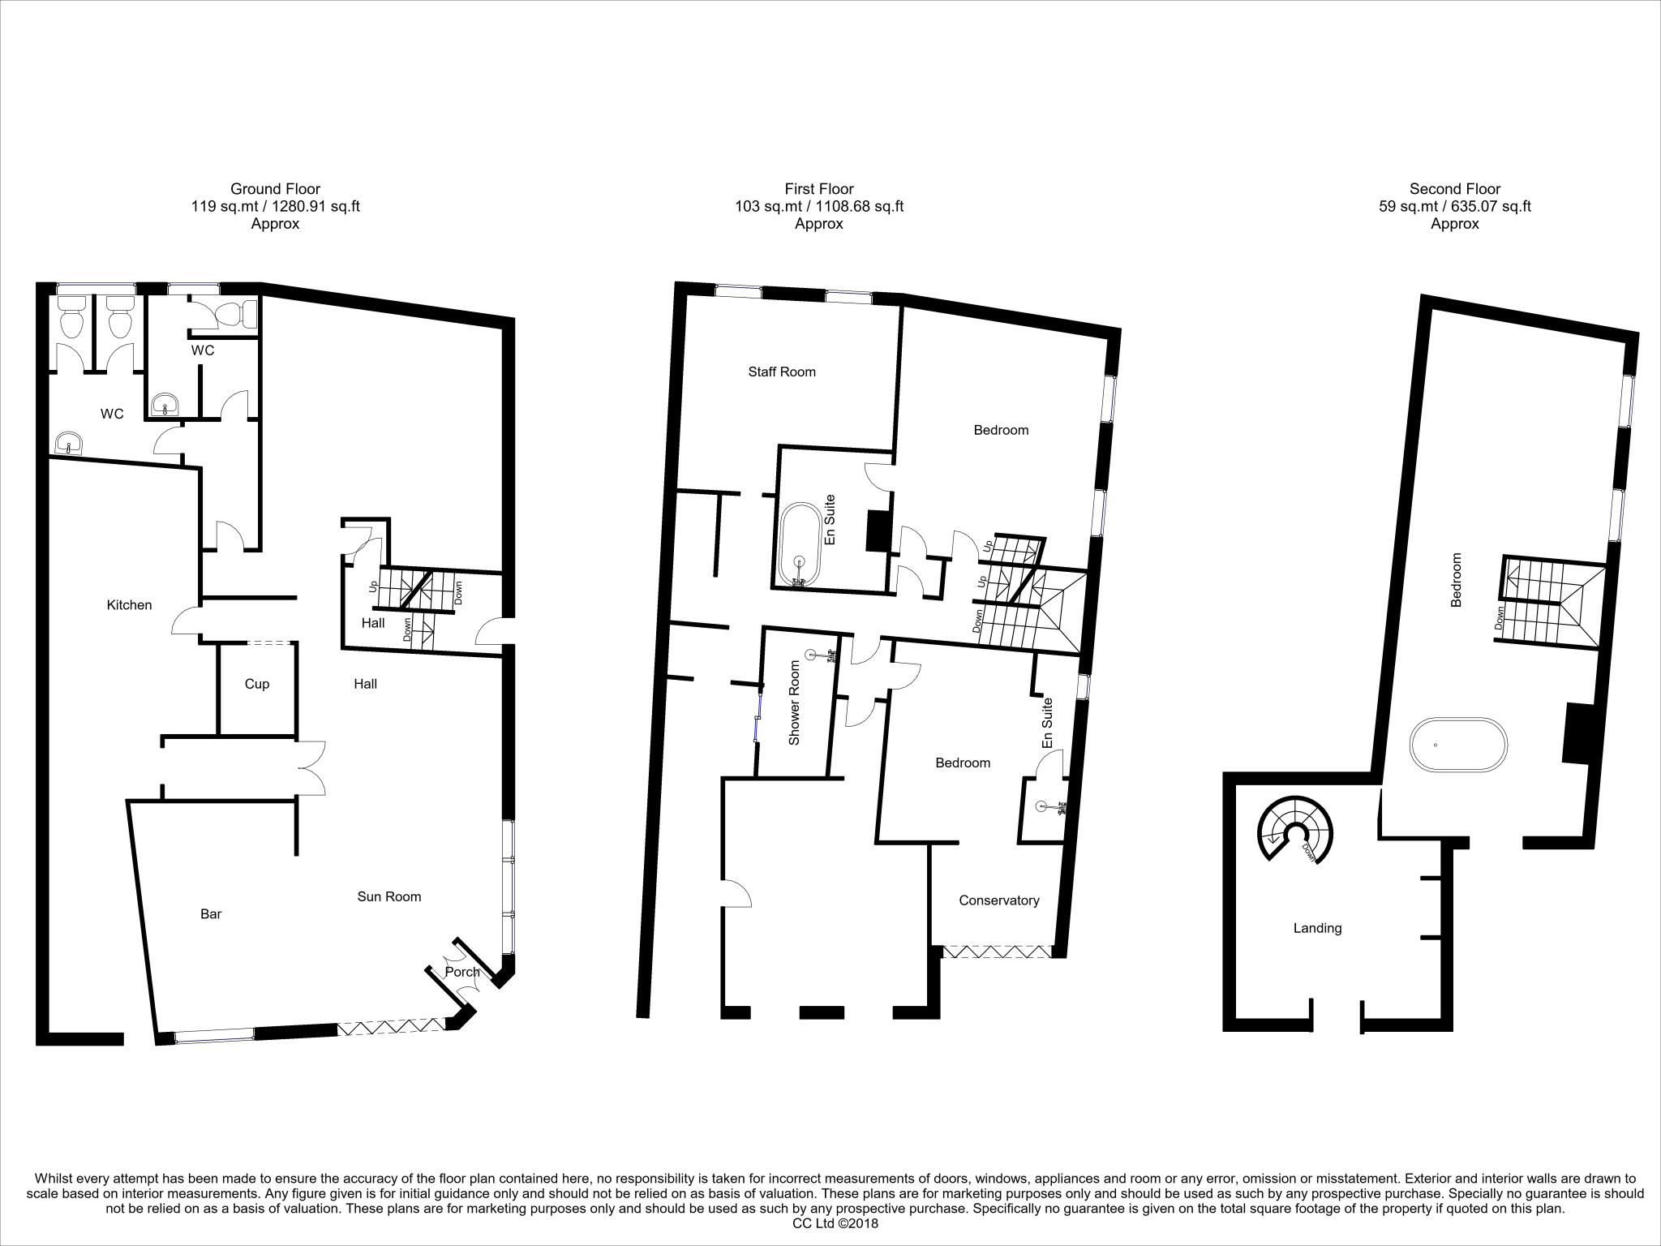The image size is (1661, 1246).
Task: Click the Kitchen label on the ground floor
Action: [129, 605]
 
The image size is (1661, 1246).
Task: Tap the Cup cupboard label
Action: [256, 684]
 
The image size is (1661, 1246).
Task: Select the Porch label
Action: [462, 972]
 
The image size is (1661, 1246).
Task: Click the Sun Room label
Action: [389, 896]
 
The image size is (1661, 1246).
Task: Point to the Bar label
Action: [211, 914]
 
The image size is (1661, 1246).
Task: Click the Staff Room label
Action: [781, 372]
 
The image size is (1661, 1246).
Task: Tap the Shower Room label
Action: [795, 702]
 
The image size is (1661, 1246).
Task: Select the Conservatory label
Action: [998, 900]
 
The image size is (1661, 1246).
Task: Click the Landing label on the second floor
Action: [1317, 928]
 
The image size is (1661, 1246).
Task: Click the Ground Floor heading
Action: [275, 189]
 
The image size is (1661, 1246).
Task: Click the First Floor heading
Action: [818, 189]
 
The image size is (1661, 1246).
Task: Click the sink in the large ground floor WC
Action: [70, 443]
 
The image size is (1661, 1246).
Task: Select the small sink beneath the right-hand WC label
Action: [167, 402]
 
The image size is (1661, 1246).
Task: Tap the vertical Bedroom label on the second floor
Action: [1456, 580]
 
